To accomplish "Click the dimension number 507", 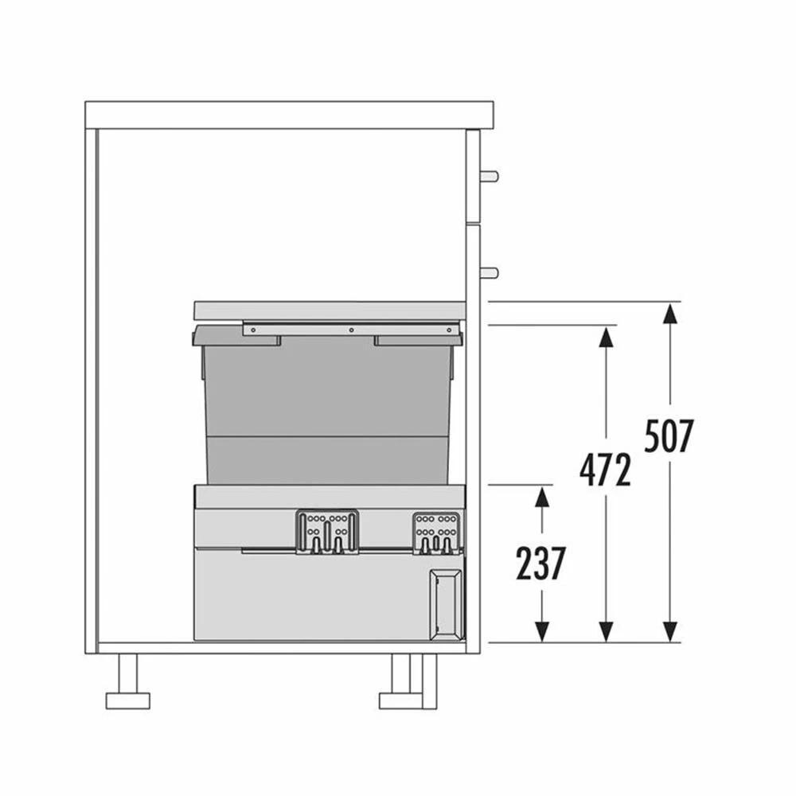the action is pos(669,436).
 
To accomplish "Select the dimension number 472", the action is pos(605,470).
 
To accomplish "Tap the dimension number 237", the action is pos(540,564).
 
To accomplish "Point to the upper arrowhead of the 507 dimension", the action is pos(670,313).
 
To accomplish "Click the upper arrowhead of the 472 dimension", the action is pos(606,336).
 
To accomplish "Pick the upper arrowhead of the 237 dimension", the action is pos(542,496).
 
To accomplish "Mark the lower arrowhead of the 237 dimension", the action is pos(542,631).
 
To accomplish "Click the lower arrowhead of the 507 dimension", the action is pos(670,631).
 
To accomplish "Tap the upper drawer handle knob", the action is pos(490,177).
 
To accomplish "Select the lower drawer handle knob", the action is pos(490,273).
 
